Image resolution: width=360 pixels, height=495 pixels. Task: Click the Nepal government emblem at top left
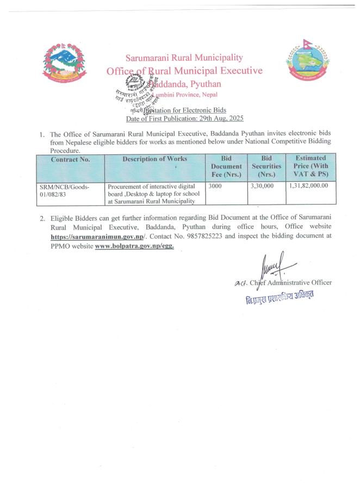tap(64, 64)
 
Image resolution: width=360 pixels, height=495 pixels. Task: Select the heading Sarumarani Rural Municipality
tap(184, 58)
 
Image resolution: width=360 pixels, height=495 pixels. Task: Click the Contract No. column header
tap(70, 159)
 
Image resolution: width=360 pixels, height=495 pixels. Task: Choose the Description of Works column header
tap(154, 159)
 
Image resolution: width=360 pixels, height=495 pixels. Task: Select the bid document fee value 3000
tap(216, 186)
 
